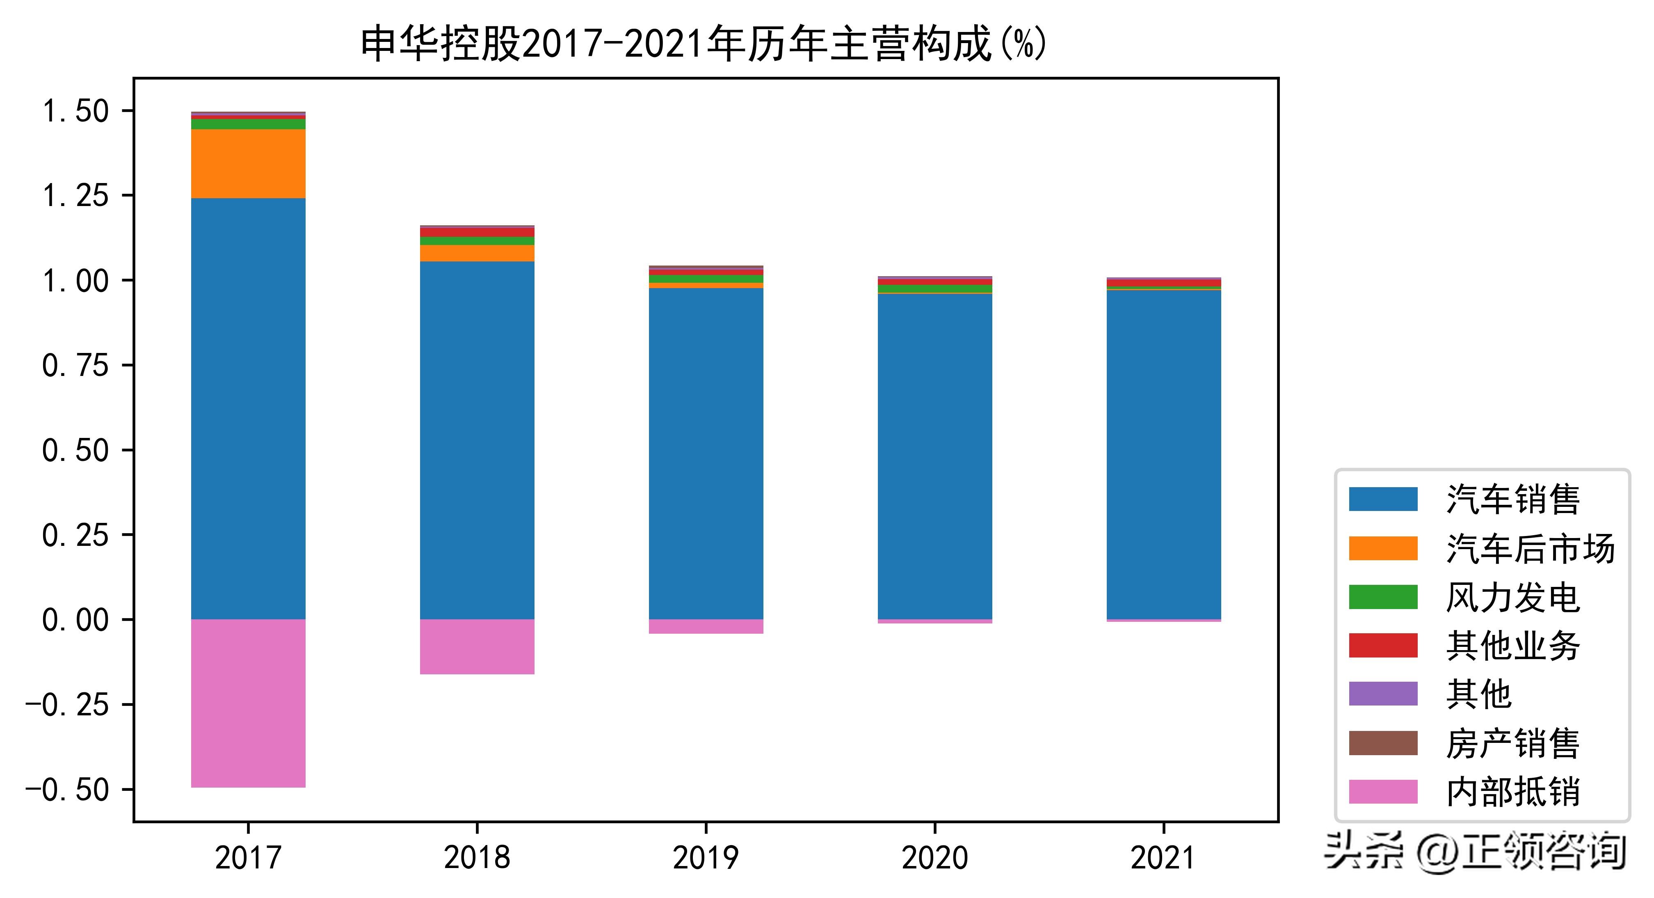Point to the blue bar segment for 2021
[x=1163, y=455]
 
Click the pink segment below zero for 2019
[x=706, y=626]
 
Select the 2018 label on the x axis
[x=477, y=857]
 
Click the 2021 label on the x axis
[x=1163, y=857]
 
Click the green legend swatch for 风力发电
[x=1383, y=597]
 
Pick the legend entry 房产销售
[x=1512, y=743]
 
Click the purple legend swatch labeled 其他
[x=1383, y=694]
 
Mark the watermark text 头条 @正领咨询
[x=1475, y=851]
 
